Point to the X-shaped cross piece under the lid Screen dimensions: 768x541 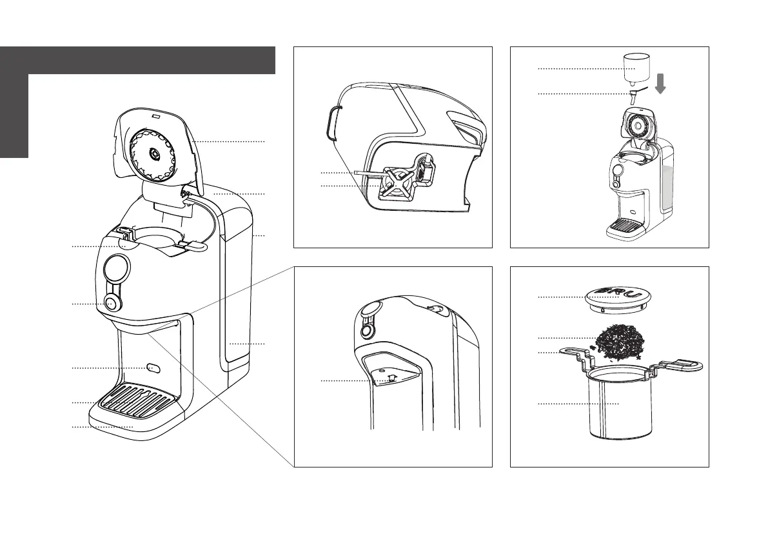pyautogui.click(x=395, y=181)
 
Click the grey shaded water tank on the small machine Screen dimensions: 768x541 pyautogui.click(x=668, y=181)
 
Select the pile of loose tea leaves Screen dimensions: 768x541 pyautogui.click(x=618, y=342)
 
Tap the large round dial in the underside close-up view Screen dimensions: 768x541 pyautogui.click(x=369, y=311)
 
